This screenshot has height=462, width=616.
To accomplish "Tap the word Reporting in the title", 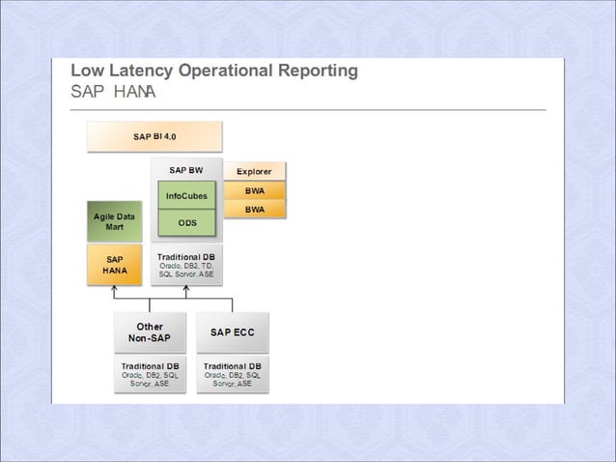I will [312, 71].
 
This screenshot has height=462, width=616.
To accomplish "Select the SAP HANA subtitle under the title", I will [113, 92].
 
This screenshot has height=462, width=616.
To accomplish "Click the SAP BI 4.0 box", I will [154, 136].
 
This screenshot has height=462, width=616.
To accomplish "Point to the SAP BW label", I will [186, 170].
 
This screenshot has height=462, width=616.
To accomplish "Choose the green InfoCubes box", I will [186, 196].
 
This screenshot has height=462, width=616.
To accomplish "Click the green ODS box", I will [186, 223].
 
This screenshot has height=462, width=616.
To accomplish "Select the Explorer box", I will [254, 172].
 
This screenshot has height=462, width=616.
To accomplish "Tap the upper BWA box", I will [255, 190].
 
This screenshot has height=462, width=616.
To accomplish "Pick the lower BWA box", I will [255, 209].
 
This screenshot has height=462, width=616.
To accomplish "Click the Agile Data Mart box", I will [114, 221].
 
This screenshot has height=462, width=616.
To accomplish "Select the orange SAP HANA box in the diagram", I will [114, 265].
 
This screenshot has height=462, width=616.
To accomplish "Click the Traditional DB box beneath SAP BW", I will [186, 266].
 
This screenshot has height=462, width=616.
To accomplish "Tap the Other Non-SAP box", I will [150, 332].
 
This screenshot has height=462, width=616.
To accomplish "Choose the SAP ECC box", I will [233, 332].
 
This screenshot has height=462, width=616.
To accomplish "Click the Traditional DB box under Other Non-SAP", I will [150, 374].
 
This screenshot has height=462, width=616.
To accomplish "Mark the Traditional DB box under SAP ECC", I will [233, 374].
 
